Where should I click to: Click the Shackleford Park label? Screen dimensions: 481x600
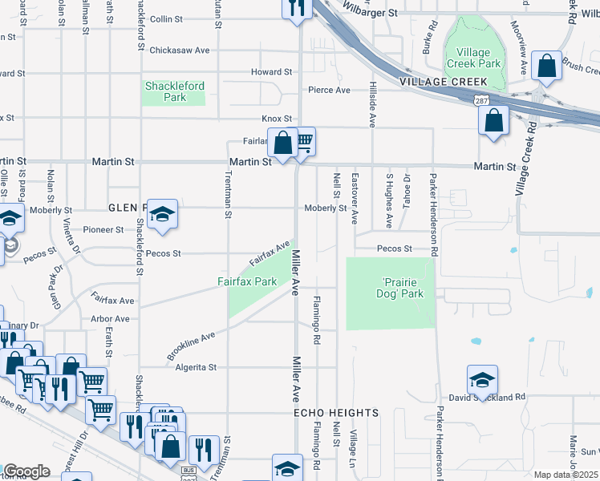click(x=174, y=91)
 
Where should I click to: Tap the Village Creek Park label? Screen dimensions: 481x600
click(x=477, y=58)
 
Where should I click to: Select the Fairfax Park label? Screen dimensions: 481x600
click(x=247, y=281)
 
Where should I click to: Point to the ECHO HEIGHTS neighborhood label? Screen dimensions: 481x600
click(x=335, y=413)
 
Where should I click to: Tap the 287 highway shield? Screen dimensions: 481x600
click(x=478, y=101)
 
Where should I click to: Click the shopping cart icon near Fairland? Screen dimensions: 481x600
click(x=302, y=142)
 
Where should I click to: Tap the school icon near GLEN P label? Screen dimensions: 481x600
click(x=162, y=214)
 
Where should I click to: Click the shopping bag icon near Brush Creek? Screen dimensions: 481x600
click(x=546, y=68)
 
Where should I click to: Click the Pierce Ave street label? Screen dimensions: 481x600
click(x=329, y=90)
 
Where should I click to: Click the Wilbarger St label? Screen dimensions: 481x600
click(x=369, y=13)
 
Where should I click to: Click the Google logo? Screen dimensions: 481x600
click(x=26, y=471)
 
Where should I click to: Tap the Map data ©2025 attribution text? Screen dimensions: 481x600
click(x=566, y=475)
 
